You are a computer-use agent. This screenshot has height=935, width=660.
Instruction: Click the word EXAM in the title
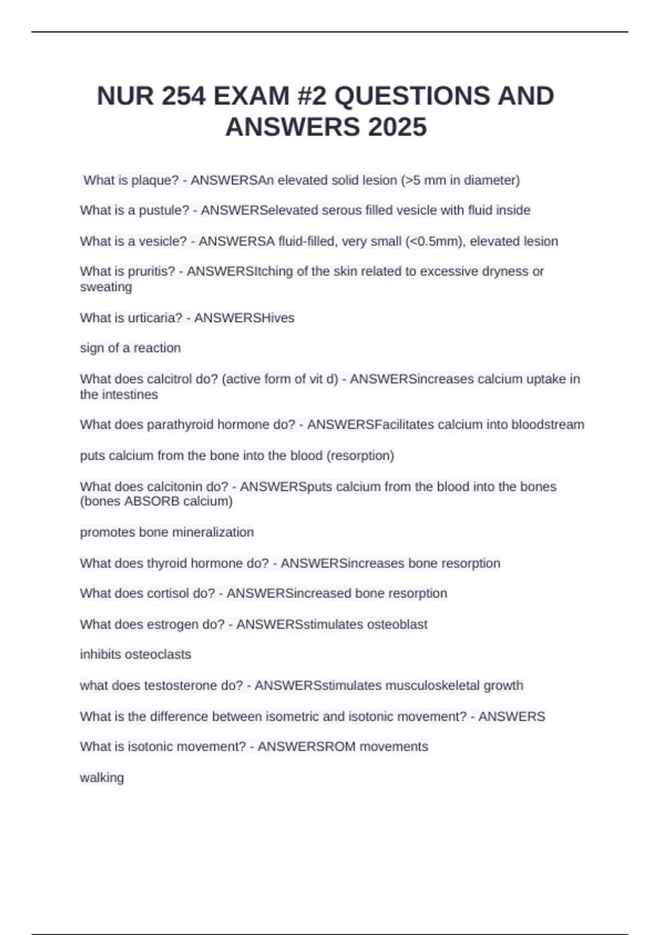coord(251,96)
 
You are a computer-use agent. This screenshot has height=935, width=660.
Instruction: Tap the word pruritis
coord(151,271)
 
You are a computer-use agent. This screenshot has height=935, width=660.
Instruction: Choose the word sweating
coord(106,287)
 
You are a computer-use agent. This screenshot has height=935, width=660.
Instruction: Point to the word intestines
coord(129,394)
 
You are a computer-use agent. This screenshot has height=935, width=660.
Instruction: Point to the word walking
coord(102,778)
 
